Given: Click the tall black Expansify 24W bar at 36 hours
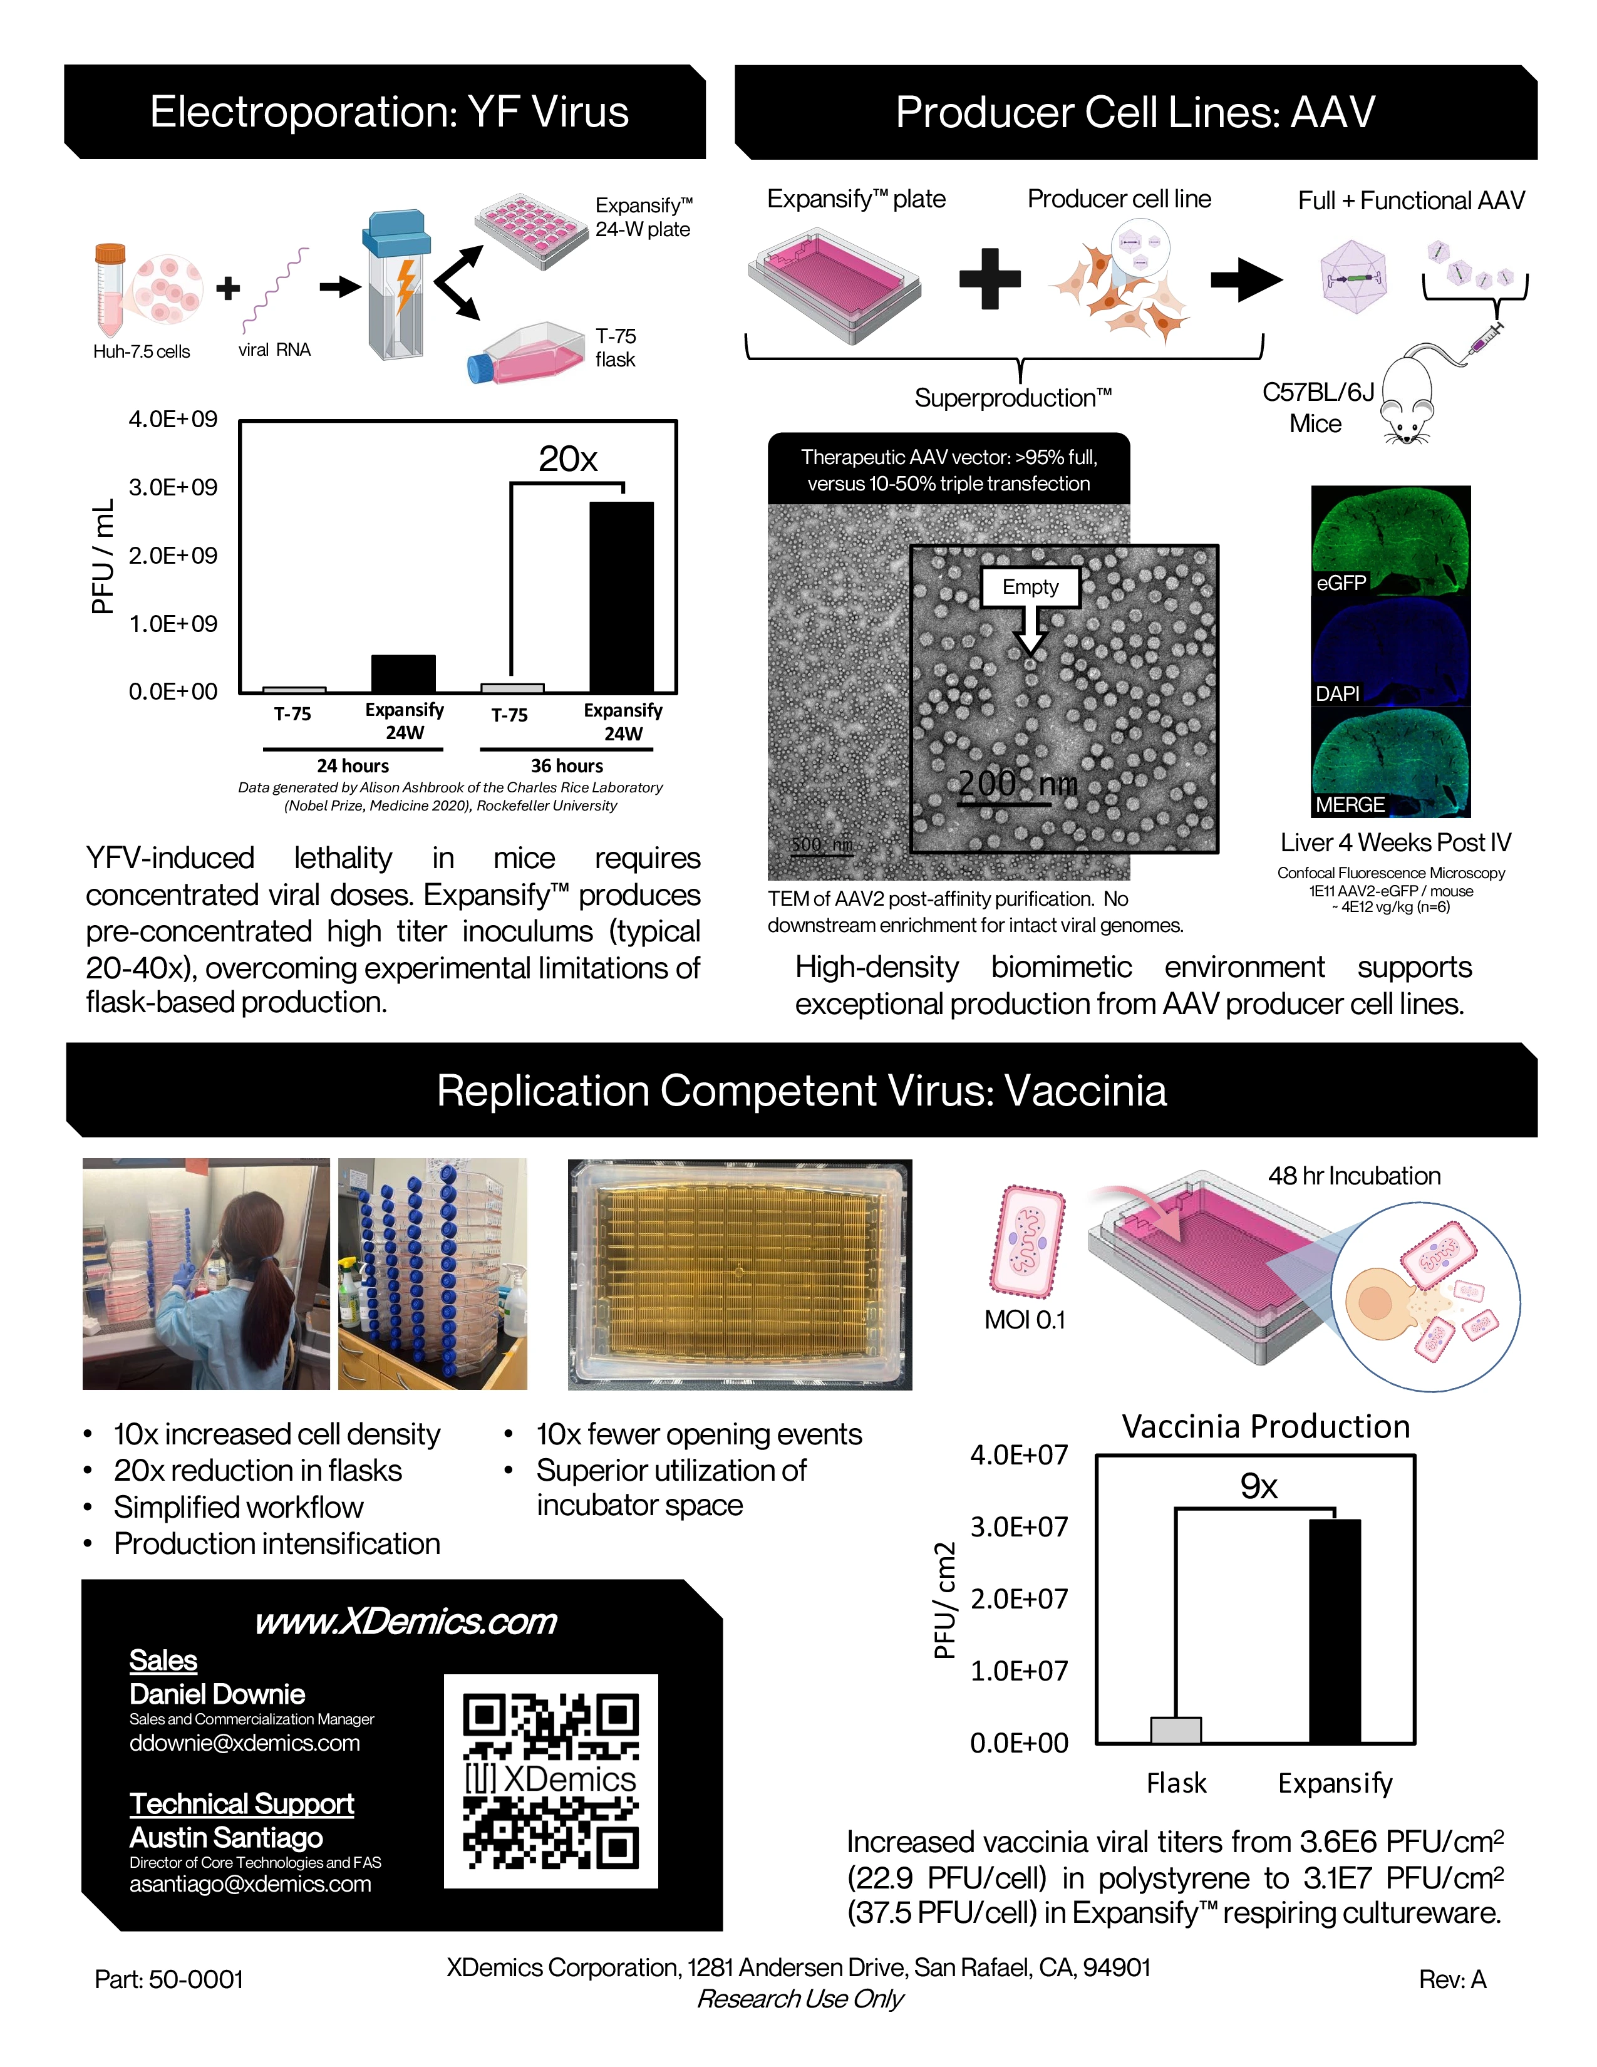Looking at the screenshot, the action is (x=622, y=596).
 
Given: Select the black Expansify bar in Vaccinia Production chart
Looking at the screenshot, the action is (x=1335, y=1630).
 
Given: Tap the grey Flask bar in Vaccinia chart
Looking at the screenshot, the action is (x=1176, y=1730).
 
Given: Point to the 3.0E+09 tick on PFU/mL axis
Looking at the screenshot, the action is (x=173, y=487).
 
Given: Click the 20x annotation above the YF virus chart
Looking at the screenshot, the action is (x=567, y=459).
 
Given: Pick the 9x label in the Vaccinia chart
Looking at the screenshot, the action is (x=1258, y=1486).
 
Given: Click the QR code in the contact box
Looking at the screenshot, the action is (x=550, y=1781).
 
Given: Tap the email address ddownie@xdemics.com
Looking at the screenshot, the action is (x=245, y=1743).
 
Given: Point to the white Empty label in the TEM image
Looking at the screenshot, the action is (x=1030, y=587).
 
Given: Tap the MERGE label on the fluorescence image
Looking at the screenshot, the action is (x=1350, y=804).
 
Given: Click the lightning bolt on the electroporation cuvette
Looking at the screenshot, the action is (x=406, y=285).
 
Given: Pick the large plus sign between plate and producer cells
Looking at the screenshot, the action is (x=990, y=278).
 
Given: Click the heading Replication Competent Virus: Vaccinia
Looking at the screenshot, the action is (x=802, y=1090).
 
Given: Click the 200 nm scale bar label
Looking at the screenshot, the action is (x=1017, y=784).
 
